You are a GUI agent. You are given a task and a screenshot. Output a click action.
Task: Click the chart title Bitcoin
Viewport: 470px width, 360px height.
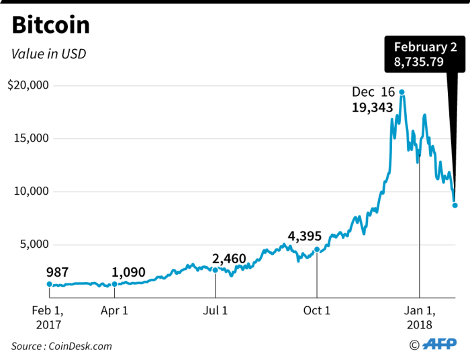point(51,25)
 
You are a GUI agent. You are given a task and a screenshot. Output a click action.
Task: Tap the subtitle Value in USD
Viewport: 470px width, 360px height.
point(49,53)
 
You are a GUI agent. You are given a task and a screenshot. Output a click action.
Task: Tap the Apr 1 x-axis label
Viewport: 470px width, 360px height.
point(114,310)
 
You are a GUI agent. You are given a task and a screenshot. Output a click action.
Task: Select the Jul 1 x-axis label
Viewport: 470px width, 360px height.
point(215,310)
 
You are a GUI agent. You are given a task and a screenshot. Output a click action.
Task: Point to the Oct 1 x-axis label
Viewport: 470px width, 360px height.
point(317,310)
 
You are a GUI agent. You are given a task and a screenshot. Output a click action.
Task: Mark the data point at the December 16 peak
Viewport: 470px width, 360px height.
point(402,92)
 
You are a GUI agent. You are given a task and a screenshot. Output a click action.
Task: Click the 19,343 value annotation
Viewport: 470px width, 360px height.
point(372,107)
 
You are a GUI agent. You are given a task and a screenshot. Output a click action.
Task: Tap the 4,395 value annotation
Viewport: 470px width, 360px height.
point(305,236)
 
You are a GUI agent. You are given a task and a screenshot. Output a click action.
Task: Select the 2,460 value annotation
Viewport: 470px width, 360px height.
point(229,259)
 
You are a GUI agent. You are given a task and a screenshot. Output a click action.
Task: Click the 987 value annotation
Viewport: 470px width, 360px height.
point(58,273)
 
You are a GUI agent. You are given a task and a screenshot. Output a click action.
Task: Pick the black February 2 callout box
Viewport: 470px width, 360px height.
point(424,56)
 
